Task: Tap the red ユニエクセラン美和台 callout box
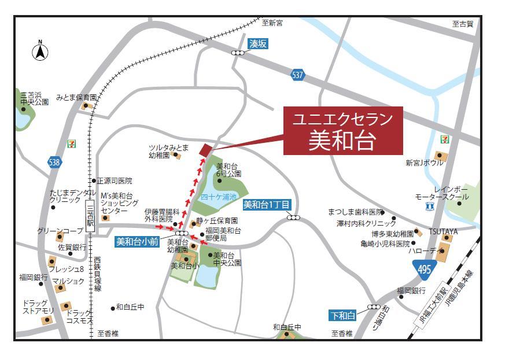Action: (343, 131)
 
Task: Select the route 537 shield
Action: (297, 76)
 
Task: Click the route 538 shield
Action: (54, 163)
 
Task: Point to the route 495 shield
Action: (423, 268)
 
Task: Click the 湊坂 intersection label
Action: (259, 44)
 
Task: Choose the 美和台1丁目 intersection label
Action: (267, 204)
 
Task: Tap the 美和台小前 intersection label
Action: (138, 242)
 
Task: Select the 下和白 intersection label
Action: (342, 316)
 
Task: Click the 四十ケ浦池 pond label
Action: (219, 197)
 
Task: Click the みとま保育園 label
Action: (76, 97)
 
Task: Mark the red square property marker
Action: (205, 150)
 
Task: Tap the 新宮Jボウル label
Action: (424, 164)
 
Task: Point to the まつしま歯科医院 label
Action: (355, 212)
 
